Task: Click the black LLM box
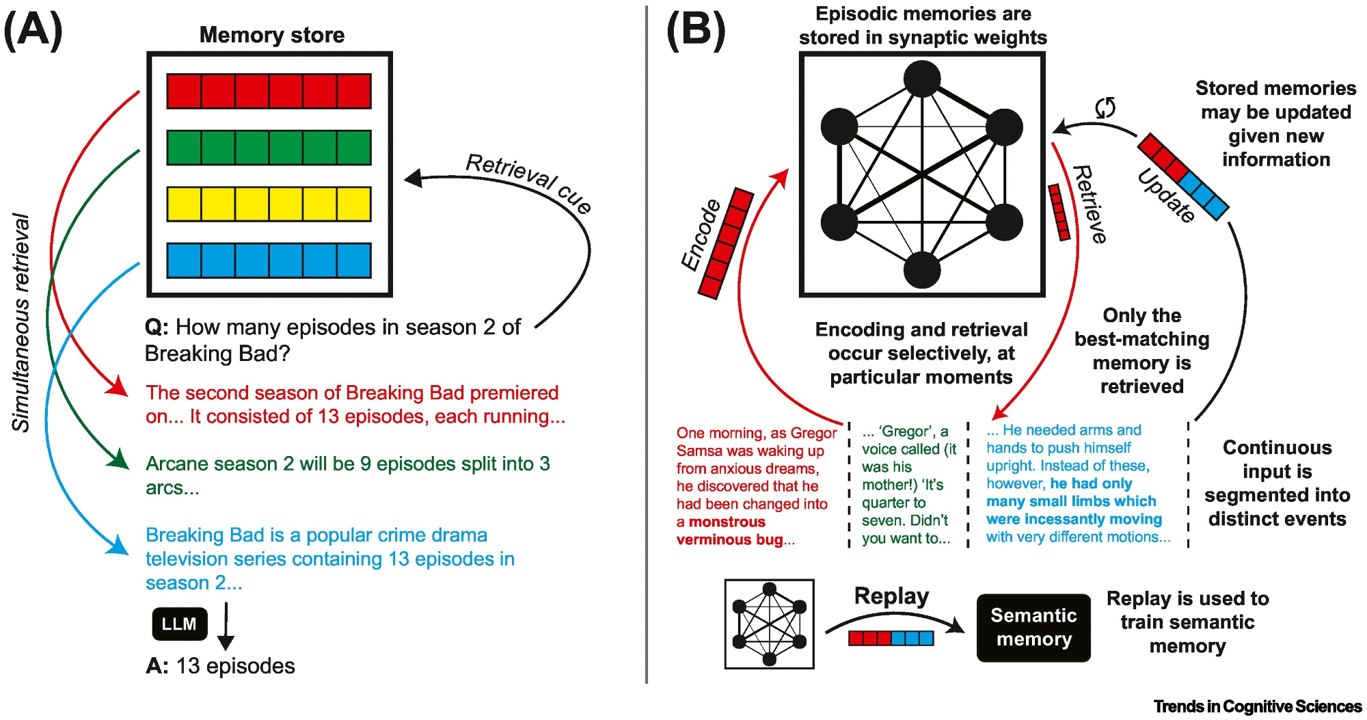click(179, 624)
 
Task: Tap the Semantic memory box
click(1033, 627)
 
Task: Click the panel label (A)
click(33, 31)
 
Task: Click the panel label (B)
click(696, 31)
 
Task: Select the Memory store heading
click(271, 35)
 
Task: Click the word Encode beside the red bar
click(701, 235)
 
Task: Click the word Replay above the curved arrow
click(891, 596)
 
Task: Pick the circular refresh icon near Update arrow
click(1105, 107)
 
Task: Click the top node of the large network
click(922, 79)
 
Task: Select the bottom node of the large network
click(922, 270)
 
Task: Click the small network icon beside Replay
click(770, 624)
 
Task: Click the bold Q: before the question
click(157, 328)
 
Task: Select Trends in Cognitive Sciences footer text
click(1258, 706)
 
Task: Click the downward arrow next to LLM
click(226, 626)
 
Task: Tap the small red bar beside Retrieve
click(1059, 212)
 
